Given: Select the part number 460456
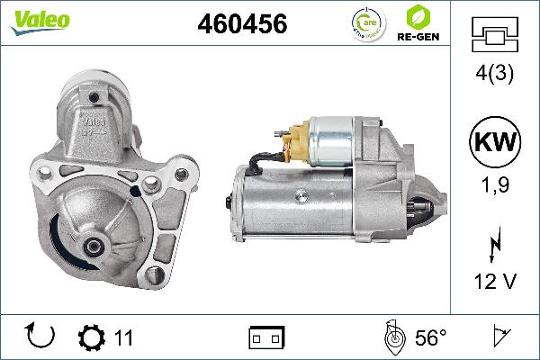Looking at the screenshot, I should point(241,25).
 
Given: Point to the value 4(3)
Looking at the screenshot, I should point(495,76).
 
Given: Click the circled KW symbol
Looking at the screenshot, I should point(495,144).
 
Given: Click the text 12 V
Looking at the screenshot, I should point(495,283).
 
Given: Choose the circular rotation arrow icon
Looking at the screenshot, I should point(41,337).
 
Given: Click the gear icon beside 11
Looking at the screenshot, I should point(92,337).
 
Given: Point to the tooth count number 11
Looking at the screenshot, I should point(123,338).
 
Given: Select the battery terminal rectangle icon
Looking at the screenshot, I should point(266,337).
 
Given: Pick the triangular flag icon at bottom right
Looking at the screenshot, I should point(498,337).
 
